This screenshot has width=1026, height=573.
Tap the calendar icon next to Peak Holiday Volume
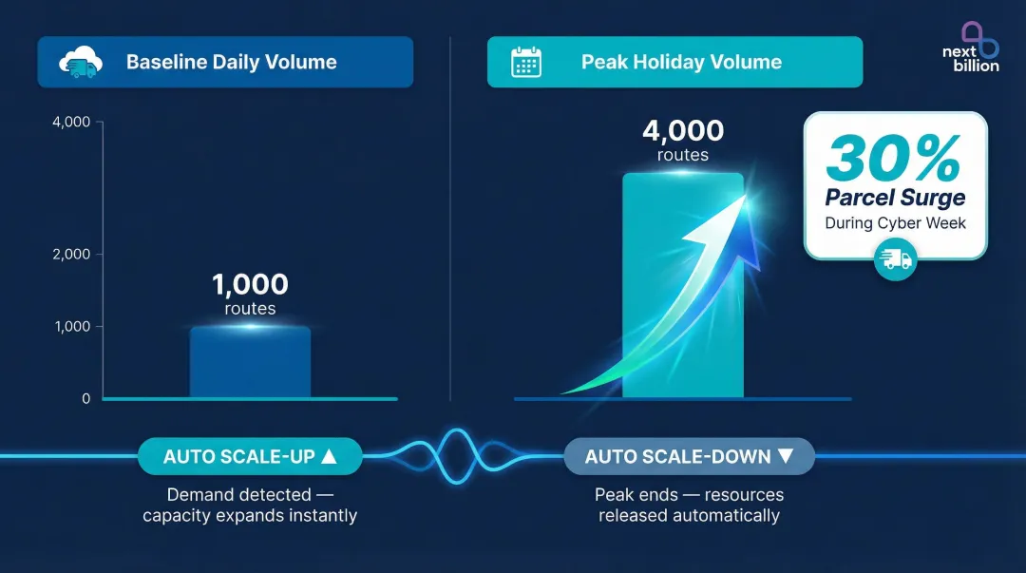pyautogui.click(x=525, y=63)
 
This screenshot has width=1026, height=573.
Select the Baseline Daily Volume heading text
pyautogui.click(x=231, y=63)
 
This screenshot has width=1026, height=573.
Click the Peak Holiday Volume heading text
pyautogui.click(x=681, y=63)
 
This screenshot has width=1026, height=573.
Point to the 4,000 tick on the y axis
pyautogui.click(x=72, y=122)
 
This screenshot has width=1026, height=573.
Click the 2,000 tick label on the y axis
pyautogui.click(x=72, y=255)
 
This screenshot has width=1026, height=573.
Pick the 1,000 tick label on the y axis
pyautogui.click(x=72, y=326)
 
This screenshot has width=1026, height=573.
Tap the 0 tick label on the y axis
pyautogui.click(x=85, y=399)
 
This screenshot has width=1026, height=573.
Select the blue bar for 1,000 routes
pyautogui.click(x=250, y=363)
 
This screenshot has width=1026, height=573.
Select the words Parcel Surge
pyautogui.click(x=895, y=198)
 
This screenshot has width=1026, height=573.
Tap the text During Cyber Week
pyautogui.click(x=895, y=223)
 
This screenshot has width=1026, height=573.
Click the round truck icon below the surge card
pyautogui.click(x=895, y=259)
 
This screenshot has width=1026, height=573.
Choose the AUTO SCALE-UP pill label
pyautogui.click(x=250, y=457)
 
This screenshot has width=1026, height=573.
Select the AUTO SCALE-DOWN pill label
pyautogui.click(x=689, y=457)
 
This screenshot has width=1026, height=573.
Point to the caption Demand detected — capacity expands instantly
pyautogui.click(x=250, y=506)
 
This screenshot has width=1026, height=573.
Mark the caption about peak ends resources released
pyautogui.click(x=689, y=506)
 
